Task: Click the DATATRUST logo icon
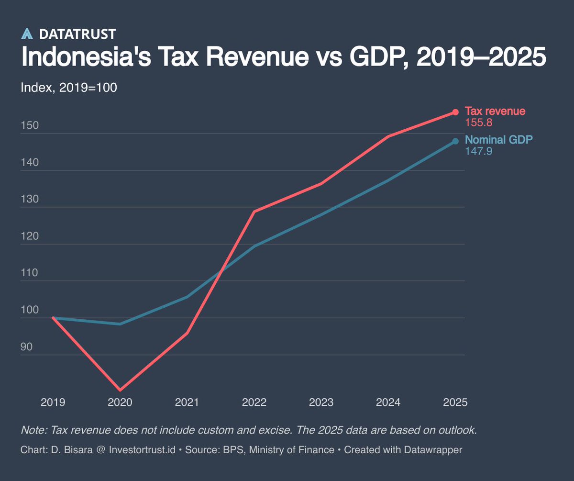pos(27,34)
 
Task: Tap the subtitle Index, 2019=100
pos(69,88)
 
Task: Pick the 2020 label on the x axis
pos(120,402)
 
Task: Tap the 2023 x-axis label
pos(321,402)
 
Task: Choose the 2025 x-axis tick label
pos(455,402)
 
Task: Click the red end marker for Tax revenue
pos(455,112)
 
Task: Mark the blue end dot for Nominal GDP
pos(455,141)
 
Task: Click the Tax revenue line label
pos(495,112)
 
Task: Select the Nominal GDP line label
pos(499,140)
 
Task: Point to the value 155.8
pos(479,123)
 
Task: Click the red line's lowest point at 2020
pos(120,390)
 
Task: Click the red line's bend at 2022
pos(254,211)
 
